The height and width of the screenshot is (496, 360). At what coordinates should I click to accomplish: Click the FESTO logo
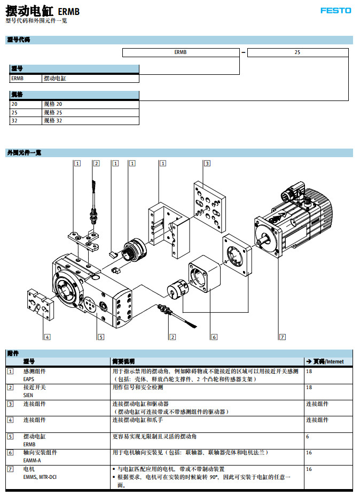pos(335,10)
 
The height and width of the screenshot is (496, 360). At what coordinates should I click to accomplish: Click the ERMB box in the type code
pos(181,52)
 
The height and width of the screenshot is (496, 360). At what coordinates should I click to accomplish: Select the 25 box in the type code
pos(298,52)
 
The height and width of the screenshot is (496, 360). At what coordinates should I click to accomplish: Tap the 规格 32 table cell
pos(53,121)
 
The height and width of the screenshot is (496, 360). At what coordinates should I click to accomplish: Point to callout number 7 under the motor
pos(283,337)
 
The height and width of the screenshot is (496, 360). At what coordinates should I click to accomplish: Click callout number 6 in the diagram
pos(214,337)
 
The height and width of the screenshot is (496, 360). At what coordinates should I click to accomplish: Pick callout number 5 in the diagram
pos(100,337)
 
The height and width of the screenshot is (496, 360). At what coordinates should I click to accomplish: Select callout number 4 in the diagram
pos(47,337)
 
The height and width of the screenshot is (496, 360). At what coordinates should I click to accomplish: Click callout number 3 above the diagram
pos(207,163)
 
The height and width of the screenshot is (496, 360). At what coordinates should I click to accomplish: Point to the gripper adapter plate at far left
pos(41,304)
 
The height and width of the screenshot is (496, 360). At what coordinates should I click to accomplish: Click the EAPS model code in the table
pos(29,378)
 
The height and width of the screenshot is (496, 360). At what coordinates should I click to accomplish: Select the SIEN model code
pos(28,394)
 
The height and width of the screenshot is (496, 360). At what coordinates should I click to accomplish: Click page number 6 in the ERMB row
pos(308,437)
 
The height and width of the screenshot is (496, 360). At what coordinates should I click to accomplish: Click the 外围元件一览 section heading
pos(24,152)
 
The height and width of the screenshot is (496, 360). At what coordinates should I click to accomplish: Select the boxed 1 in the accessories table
pos(10,371)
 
